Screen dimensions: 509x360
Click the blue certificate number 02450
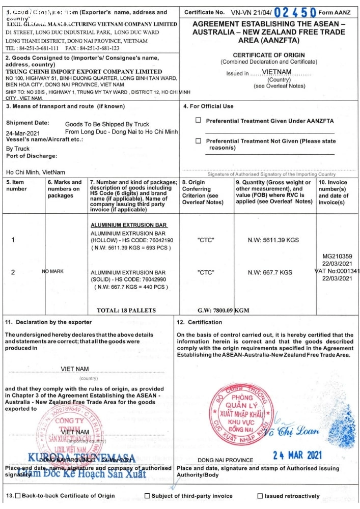click(x=295, y=11)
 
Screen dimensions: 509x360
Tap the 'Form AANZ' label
click(x=334, y=12)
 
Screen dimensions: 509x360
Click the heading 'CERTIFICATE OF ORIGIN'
click(x=269, y=55)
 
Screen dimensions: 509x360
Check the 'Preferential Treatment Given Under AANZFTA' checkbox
click(x=199, y=121)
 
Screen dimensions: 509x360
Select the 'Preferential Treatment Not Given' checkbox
click(x=199, y=141)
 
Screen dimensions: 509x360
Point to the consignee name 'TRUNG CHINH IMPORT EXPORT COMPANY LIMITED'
click(x=84, y=72)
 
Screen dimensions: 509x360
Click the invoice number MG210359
click(x=338, y=257)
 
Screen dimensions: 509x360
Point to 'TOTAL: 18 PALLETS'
click(x=126, y=310)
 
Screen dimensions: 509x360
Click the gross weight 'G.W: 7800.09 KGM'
click(x=223, y=310)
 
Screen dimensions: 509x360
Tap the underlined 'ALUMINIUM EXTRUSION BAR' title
click(x=129, y=225)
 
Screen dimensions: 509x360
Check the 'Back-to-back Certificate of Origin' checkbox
click(x=18, y=496)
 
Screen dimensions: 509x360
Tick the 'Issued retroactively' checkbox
click(x=260, y=496)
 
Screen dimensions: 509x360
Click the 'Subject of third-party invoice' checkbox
click(x=147, y=496)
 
